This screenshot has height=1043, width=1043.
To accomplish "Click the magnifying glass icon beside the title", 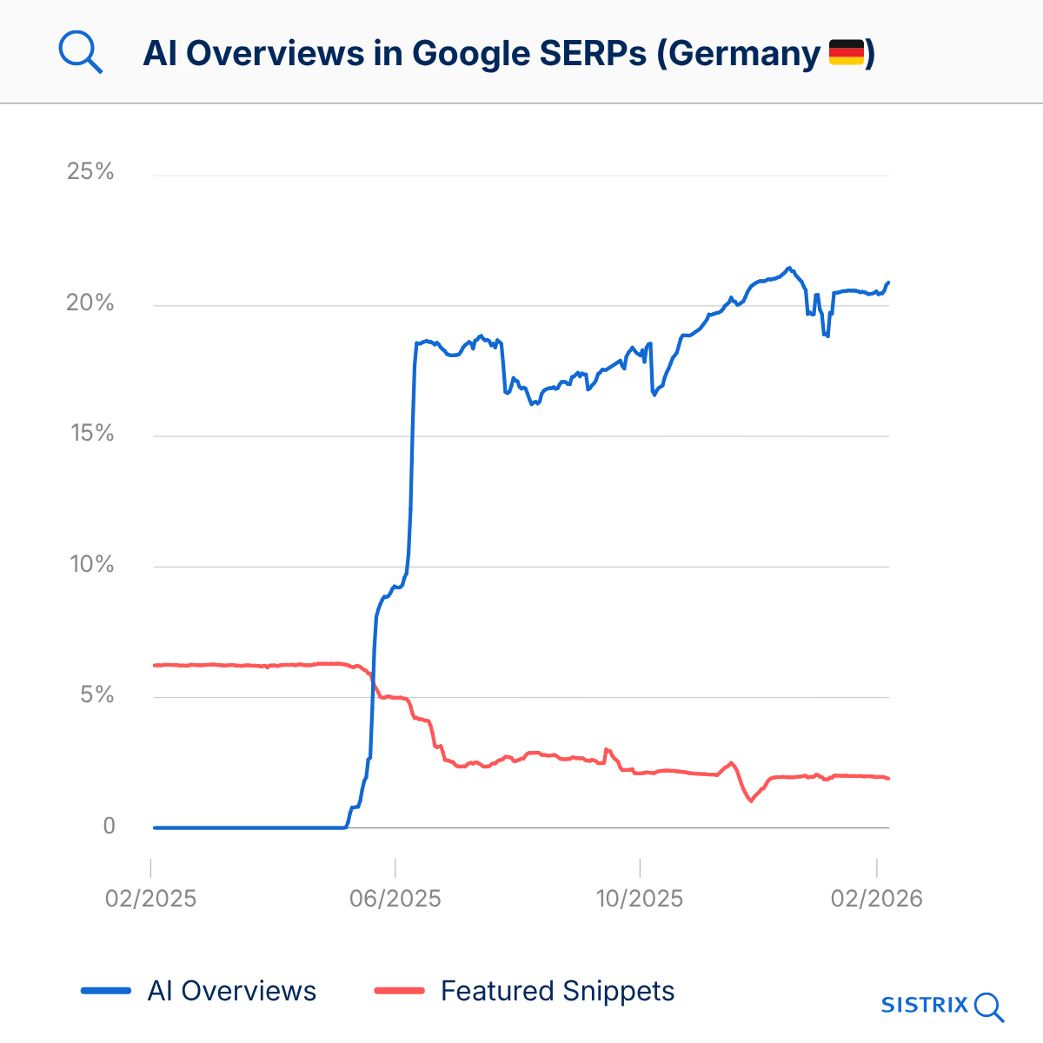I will tap(80, 53).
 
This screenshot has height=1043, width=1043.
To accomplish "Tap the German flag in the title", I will tap(846, 52).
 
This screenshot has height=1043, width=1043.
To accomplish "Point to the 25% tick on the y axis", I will tap(90, 171).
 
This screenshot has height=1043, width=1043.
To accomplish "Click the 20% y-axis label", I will tap(90, 302).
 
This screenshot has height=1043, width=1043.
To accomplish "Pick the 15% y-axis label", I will tap(91, 433).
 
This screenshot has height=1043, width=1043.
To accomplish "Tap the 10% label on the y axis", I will tap(91, 564).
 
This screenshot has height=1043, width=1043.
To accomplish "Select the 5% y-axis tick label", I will tap(94, 694).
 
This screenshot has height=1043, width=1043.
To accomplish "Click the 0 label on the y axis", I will tap(109, 826).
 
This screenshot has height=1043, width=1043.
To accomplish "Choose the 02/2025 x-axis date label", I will tap(150, 898).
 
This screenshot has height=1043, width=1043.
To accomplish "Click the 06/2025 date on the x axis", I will tap(395, 898).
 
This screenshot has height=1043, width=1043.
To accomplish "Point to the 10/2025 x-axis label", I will tap(639, 898).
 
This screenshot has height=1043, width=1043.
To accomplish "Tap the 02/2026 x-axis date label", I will tap(876, 898).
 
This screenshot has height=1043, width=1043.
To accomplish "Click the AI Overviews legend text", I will tap(232, 991).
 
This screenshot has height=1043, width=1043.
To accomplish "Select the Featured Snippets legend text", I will tap(557, 991).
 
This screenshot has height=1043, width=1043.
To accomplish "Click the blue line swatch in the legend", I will tap(106, 991).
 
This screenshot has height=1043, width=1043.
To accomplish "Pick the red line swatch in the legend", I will tap(399, 991).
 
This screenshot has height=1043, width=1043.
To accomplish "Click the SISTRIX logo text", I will tap(925, 1006).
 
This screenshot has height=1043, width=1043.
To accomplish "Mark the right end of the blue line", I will tap(888, 282).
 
